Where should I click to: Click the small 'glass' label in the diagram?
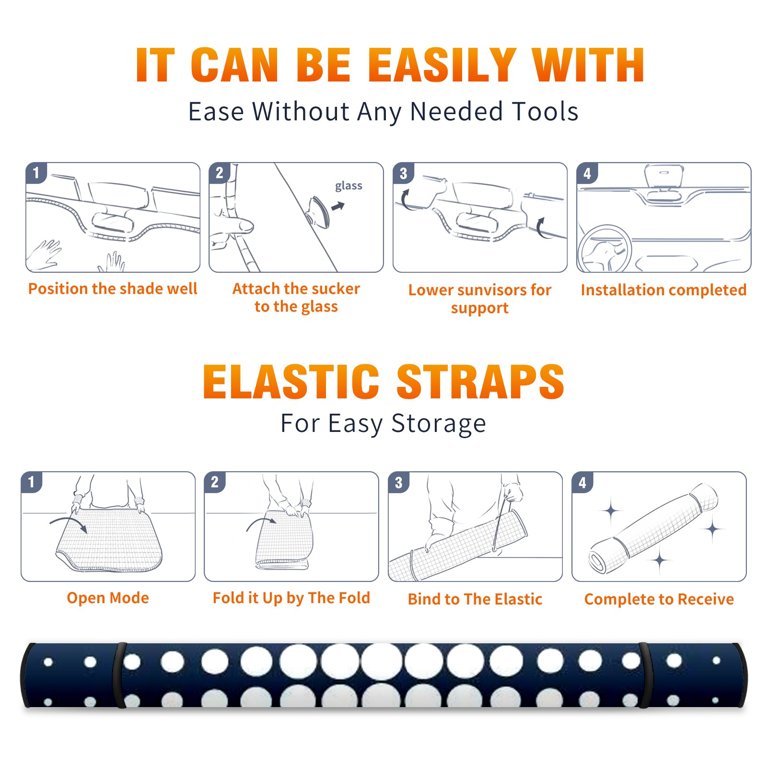pyautogui.click(x=349, y=186)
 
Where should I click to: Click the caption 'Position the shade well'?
pyautogui.click(x=113, y=289)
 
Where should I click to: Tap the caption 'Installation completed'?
pyautogui.click(x=663, y=290)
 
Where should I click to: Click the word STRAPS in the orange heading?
pyautogui.click(x=480, y=382)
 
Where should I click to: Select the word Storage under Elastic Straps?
pyautogui.click(x=439, y=424)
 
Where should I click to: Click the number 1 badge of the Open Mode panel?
pyautogui.click(x=32, y=482)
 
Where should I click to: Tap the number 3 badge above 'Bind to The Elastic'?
pyautogui.click(x=399, y=482)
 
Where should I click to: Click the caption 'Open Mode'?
pyautogui.click(x=108, y=598)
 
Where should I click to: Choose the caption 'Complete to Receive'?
pyautogui.click(x=659, y=599)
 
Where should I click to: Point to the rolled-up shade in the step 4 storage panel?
pyautogui.click(x=653, y=529)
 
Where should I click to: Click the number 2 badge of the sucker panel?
pyautogui.click(x=220, y=173)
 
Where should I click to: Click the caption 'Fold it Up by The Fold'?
pyautogui.click(x=291, y=598)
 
